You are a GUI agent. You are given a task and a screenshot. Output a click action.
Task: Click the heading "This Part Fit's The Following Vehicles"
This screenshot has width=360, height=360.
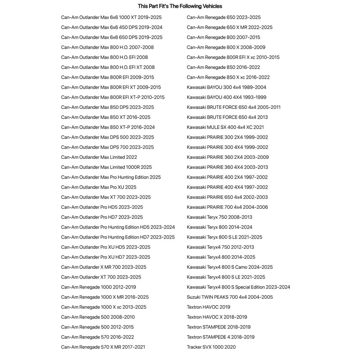click(180, 6)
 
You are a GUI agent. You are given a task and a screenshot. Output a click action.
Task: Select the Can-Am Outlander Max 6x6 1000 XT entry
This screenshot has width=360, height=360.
click(111, 18)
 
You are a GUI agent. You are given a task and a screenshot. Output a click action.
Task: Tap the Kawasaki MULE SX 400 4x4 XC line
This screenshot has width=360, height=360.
click(225, 127)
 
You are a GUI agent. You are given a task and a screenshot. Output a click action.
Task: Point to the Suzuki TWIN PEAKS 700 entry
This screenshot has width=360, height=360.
click(229, 297)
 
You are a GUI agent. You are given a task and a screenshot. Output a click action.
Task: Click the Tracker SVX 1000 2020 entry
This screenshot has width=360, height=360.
click(211, 347)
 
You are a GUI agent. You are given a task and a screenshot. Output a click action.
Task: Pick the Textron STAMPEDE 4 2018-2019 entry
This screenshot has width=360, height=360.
click(220, 337)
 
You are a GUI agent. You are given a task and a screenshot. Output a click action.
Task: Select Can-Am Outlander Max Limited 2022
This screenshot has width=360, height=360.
click(99, 157)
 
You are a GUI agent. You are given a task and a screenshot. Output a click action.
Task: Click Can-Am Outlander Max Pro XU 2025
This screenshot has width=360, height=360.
click(99, 187)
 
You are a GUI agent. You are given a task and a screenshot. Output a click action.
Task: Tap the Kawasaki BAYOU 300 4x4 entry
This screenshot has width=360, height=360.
click(226, 87)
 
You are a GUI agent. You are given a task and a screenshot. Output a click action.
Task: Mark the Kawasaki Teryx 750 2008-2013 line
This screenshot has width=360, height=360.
click(219, 217)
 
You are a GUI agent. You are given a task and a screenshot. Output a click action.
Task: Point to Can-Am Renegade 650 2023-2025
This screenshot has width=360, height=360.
click(224, 18)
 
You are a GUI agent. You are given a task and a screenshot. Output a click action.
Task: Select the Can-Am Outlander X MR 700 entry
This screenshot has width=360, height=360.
click(103, 267)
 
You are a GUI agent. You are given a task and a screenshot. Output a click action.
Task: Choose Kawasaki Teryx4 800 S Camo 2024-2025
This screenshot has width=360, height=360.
click(229, 267)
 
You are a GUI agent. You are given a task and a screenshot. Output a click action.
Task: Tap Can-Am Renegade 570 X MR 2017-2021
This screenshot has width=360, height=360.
click(103, 347)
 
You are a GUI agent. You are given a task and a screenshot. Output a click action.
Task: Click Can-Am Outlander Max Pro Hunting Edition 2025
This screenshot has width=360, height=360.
click(111, 177)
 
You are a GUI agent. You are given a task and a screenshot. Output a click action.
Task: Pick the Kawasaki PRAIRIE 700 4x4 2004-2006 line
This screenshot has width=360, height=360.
click(227, 207)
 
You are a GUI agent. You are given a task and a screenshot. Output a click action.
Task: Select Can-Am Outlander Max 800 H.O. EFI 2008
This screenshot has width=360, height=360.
click(104, 57)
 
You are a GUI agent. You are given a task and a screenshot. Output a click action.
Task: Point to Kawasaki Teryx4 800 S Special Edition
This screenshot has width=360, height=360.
click(238, 287)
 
